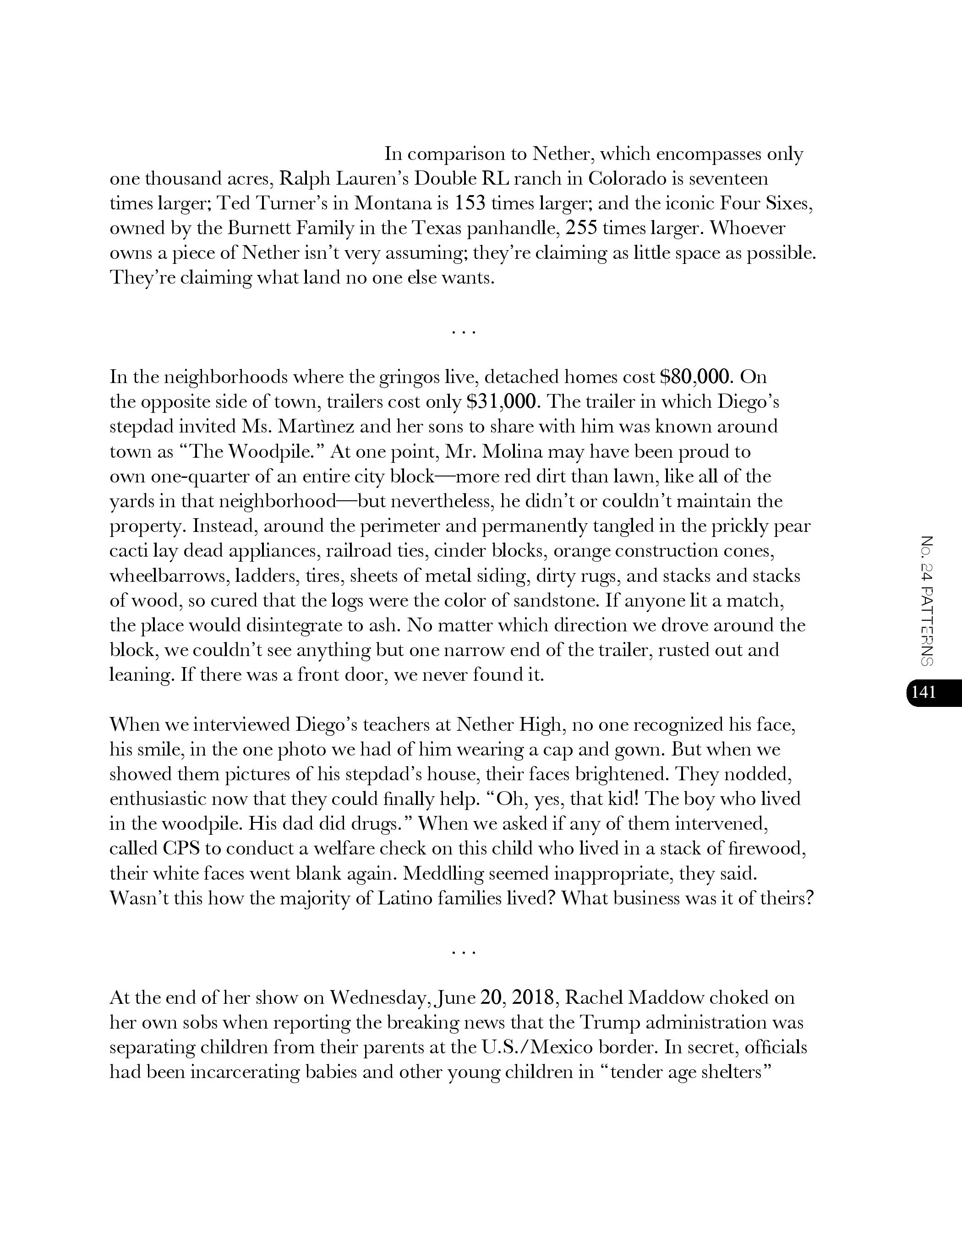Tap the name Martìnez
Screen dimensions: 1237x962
tap(303, 427)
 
